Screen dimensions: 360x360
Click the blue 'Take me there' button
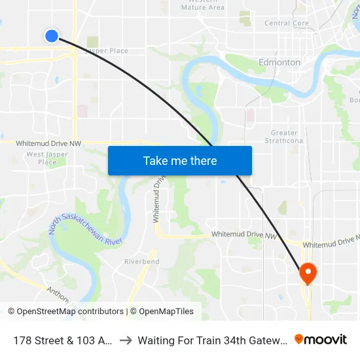(180, 160)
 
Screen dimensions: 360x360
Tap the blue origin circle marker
(52, 35)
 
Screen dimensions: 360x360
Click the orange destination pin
(307, 273)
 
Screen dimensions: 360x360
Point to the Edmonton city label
(279, 63)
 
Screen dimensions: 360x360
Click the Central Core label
(286, 23)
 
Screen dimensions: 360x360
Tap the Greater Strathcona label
(283, 137)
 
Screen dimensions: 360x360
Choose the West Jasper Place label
(47, 158)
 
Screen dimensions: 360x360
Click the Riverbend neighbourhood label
(141, 262)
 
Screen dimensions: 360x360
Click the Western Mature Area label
(202, 5)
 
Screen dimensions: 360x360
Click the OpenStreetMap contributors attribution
(65, 312)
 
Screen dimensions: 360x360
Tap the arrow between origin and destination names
(126, 340)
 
